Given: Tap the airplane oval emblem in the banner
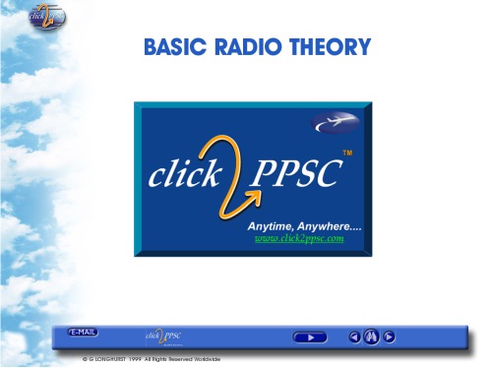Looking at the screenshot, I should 335,123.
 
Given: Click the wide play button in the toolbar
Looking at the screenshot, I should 310,337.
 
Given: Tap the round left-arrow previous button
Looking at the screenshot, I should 354,337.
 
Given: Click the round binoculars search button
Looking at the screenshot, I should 371,337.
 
